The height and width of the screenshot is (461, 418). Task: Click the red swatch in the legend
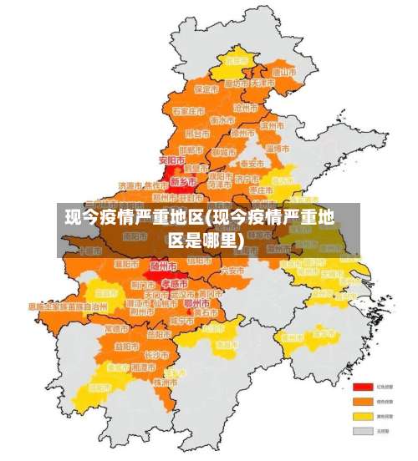point(362,388)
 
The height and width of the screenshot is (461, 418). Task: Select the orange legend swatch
point(362,402)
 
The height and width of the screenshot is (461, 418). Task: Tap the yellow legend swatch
point(362,416)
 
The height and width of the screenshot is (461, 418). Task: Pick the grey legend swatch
point(362,431)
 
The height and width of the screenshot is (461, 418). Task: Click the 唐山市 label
point(286,72)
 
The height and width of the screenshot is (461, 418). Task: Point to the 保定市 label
point(206,89)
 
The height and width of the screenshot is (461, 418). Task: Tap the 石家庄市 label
point(189,110)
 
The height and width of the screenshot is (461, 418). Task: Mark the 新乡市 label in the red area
point(183,180)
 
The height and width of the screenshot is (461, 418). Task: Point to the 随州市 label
point(164,266)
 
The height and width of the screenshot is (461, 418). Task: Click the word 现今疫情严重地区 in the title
point(135,220)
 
